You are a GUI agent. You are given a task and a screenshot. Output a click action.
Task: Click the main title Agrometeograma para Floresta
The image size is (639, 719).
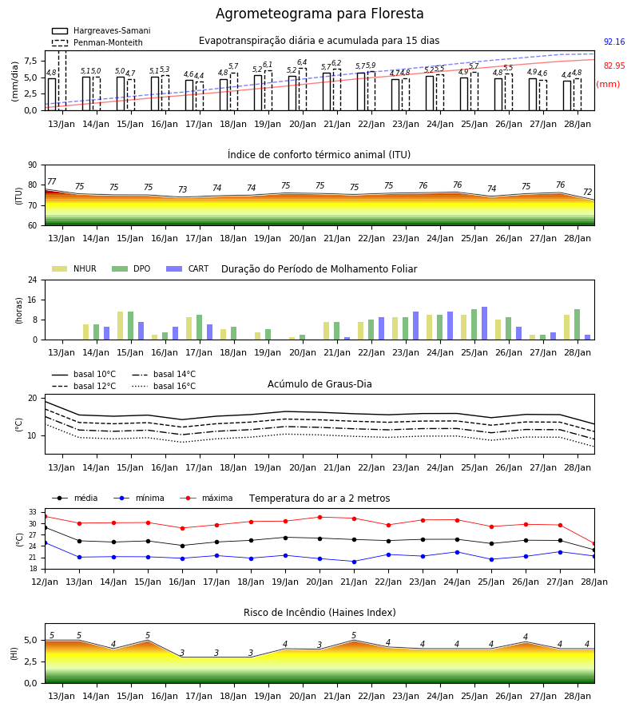pos(319,14)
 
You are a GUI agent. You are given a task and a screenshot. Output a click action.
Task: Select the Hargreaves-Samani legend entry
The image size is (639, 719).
pos(101,30)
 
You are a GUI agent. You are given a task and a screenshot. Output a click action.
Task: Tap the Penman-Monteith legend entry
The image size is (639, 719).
pos(97,42)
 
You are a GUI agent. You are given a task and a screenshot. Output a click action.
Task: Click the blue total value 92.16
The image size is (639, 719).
pos(614,42)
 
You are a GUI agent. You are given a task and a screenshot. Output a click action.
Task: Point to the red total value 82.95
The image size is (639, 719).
pos(614,66)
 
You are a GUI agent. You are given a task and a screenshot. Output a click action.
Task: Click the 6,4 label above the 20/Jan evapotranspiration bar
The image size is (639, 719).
pos(302,62)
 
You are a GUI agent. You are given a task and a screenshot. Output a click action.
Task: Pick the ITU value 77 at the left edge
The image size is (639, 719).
pos(52,181)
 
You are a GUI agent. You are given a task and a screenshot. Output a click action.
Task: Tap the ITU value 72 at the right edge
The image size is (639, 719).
pos(588,192)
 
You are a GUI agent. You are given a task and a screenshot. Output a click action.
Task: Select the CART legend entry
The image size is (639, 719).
pos(188,268)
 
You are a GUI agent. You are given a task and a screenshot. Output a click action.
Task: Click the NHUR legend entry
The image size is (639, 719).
pos(74,268)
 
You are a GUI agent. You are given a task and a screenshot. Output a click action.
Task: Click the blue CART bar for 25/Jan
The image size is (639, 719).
pos(485,324)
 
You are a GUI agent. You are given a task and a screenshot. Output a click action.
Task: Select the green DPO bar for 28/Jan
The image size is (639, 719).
pos(577,324)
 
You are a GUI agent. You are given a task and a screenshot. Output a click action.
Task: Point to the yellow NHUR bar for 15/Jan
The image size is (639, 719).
pos(120,326)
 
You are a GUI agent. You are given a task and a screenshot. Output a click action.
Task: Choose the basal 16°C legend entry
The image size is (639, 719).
pos(164,386)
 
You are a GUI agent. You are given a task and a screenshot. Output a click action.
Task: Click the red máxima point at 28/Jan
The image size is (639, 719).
pos(594,544)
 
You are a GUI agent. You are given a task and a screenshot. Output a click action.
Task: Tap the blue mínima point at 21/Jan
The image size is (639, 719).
pos(354,562)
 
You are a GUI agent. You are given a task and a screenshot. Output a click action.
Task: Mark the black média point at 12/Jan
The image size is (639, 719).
pos(45,528)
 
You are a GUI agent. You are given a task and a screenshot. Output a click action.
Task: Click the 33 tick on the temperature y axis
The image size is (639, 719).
pos(33,512)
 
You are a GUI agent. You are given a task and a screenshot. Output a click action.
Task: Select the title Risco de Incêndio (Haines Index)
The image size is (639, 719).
pos(319,613)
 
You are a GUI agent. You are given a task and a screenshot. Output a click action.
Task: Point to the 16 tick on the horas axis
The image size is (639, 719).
pos(33,300)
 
